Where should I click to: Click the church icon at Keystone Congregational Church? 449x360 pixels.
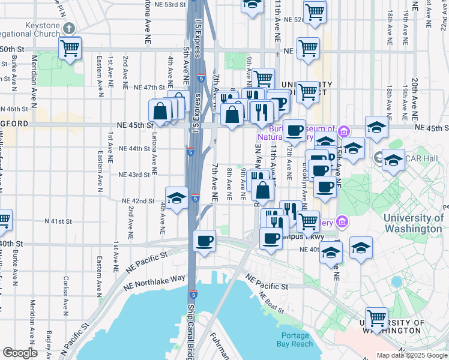pos(69,28)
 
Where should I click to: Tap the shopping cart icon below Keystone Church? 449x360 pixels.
pos(71,47)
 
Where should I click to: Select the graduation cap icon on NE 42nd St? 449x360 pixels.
pos(176,199)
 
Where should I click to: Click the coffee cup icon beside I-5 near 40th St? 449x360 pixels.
pos(205,241)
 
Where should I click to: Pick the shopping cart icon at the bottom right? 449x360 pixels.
pos(377,318)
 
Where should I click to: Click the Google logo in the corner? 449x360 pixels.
pos(20,353)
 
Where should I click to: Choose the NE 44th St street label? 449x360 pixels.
pos(134,148)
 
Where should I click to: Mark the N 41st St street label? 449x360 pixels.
pos(58,221)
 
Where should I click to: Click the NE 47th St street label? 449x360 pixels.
pos(149,88)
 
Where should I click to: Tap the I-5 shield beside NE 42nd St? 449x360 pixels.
pos(196,197)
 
